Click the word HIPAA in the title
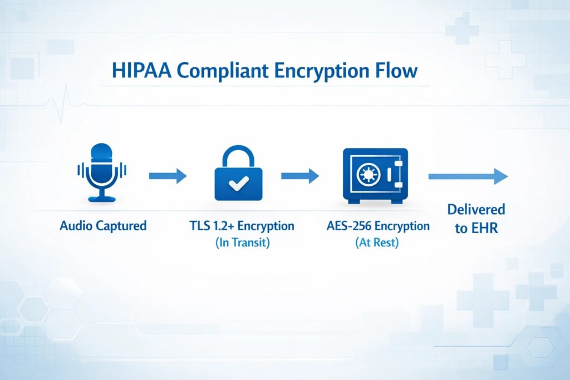[x=141, y=70]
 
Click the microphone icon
[x=102, y=172]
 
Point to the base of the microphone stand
[x=102, y=199]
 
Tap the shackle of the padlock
[x=238, y=157]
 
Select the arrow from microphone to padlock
[x=168, y=176]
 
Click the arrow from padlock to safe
[x=300, y=176]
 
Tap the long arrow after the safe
[x=468, y=176]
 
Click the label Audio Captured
[x=103, y=225]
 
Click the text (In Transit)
[x=243, y=243]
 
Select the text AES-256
[x=348, y=225]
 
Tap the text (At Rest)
[x=377, y=243]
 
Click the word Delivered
[x=476, y=210]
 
